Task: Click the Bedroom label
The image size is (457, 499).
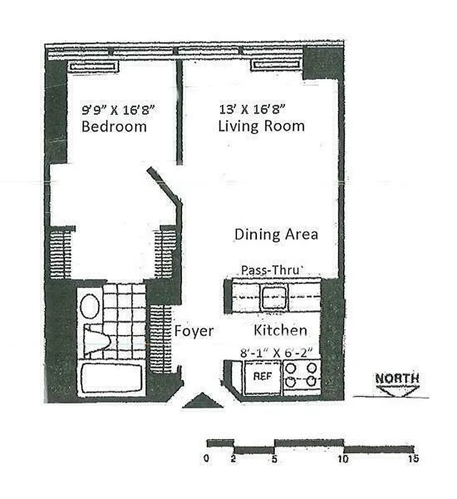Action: pyautogui.click(x=114, y=127)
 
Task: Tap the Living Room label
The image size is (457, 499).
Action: pyautogui.click(x=261, y=126)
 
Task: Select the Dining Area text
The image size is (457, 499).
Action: pyautogui.click(x=276, y=235)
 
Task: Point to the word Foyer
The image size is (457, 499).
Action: pyautogui.click(x=194, y=331)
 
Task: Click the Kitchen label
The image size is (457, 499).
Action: pyautogui.click(x=280, y=331)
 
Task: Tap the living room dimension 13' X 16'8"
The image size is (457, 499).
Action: pyautogui.click(x=253, y=109)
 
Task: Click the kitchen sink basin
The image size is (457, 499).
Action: pyautogui.click(x=274, y=297)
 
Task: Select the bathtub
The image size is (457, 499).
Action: pyautogui.click(x=112, y=378)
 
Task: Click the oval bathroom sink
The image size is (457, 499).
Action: pyautogui.click(x=90, y=306)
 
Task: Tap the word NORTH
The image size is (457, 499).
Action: pyautogui.click(x=397, y=378)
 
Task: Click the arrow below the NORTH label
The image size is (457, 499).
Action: pyautogui.click(x=397, y=390)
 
